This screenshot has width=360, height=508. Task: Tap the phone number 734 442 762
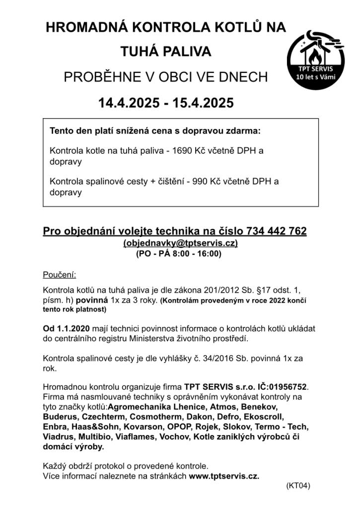tap(279, 231)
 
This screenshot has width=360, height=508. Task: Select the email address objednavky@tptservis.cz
tap(180, 243)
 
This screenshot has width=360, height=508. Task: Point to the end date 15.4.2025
tap(203, 103)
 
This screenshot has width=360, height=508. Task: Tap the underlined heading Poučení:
tap(60, 274)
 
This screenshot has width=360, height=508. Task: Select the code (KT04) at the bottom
tap(298, 486)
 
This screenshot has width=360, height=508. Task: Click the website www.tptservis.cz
tap(224, 476)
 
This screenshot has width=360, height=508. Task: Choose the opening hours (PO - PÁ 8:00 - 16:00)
tap(179, 254)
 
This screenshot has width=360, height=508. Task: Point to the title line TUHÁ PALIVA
tap(166, 52)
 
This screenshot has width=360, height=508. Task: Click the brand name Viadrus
tap(59, 437)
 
